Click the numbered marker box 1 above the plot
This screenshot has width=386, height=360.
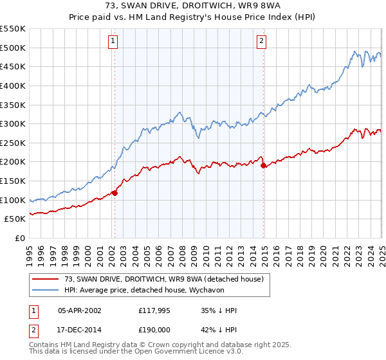113,41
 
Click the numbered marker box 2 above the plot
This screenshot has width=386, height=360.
262,41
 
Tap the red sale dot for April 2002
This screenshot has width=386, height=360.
115,192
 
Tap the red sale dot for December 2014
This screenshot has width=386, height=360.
264,165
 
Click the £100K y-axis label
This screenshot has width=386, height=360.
13,200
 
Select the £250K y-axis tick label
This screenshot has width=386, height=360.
13,143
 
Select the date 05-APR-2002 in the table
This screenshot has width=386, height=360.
80,311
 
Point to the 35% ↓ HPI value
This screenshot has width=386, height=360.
219,311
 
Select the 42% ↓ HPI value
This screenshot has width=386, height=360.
219,330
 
